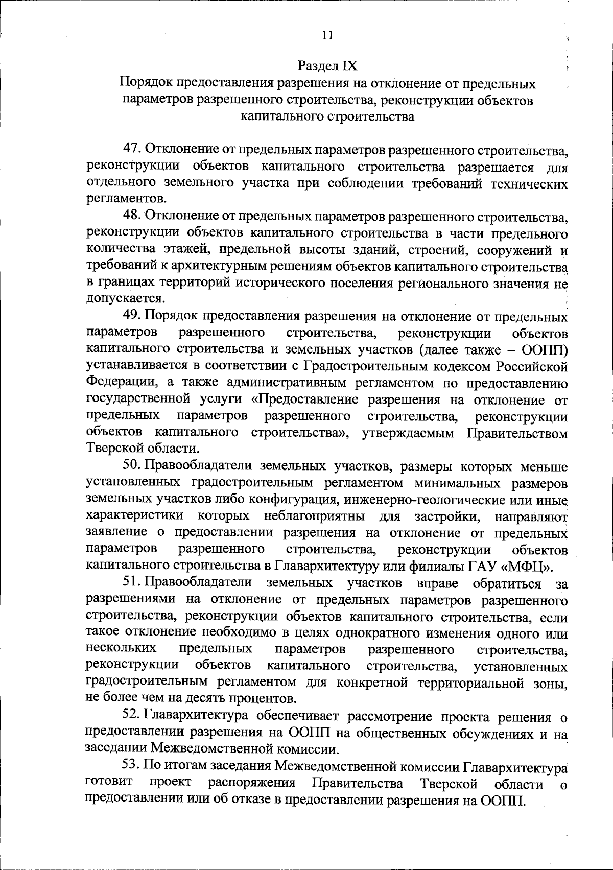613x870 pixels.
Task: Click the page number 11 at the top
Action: (327, 35)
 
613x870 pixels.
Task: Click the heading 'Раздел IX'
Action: (327, 66)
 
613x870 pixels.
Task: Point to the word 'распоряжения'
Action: (252, 783)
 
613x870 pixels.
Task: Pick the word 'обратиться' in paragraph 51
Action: (507, 583)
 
